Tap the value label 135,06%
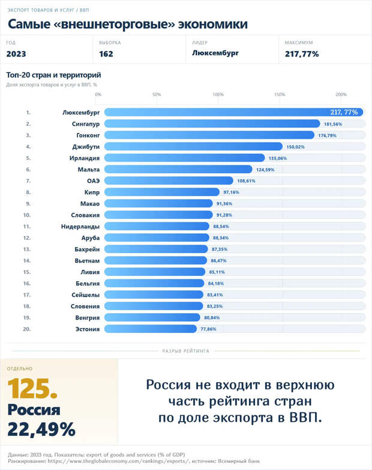coord(277,158)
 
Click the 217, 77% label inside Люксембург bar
coord(344,112)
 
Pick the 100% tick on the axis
coord(218,94)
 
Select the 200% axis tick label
coord(341,94)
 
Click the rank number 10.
coord(27,215)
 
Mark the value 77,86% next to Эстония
coord(208,329)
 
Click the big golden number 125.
coord(32,389)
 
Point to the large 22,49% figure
coord(41,429)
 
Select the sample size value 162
coord(106,54)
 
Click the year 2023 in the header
coord(16,54)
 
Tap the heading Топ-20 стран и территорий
coord(53,75)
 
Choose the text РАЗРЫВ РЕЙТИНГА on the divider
coord(185,350)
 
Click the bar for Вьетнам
coord(155,260)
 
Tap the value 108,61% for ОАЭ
coord(246,181)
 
